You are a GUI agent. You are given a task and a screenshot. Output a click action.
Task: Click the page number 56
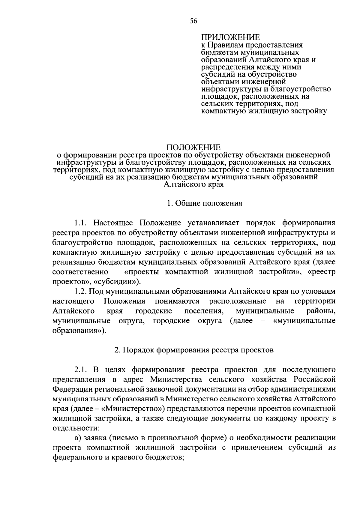click(x=193, y=20)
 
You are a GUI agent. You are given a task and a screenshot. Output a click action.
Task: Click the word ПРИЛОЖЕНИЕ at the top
click(x=230, y=37)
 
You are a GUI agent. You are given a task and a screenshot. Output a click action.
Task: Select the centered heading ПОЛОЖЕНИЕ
click(x=193, y=148)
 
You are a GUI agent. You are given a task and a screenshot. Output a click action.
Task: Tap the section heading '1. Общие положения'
click(x=205, y=203)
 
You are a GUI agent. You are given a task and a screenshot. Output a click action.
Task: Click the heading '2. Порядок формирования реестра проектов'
click(x=194, y=350)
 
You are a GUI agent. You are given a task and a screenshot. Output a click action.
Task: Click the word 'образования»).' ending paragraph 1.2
click(x=79, y=331)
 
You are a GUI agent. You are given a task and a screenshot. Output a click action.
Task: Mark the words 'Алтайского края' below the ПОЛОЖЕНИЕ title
click(x=193, y=184)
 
